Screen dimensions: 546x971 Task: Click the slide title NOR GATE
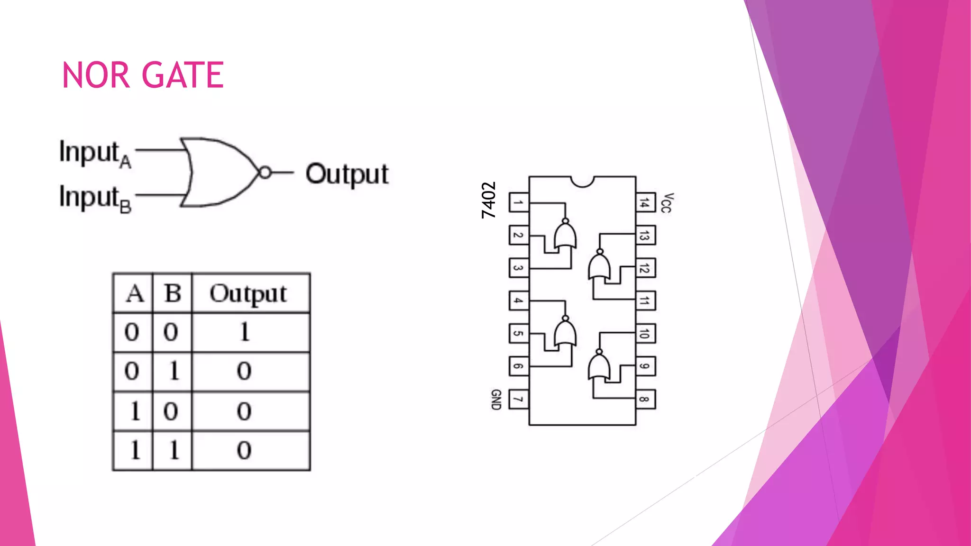[143, 75]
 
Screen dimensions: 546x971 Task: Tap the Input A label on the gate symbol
[95, 154]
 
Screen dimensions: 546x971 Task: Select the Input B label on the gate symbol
[95, 198]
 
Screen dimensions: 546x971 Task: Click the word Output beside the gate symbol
[347, 174]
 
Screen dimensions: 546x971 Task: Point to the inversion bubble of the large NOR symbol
[266, 173]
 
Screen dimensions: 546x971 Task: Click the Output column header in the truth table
[248, 294]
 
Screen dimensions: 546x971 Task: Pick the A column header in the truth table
[135, 294]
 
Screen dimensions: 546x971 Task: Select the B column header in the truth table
[173, 294]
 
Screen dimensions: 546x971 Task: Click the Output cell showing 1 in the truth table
[245, 332]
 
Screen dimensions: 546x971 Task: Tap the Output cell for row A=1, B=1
[245, 450]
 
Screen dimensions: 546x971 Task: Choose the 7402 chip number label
[489, 200]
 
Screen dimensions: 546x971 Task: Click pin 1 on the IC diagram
[519, 203]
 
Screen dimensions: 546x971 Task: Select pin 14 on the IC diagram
[645, 203]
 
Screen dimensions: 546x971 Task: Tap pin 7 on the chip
[519, 399]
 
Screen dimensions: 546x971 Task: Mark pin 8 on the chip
[645, 399]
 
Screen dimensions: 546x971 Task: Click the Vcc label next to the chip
[667, 203]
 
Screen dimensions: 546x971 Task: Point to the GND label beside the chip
[496, 400]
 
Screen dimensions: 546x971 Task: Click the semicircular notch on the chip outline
[582, 181]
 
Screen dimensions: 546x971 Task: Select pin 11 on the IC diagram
[645, 301]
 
